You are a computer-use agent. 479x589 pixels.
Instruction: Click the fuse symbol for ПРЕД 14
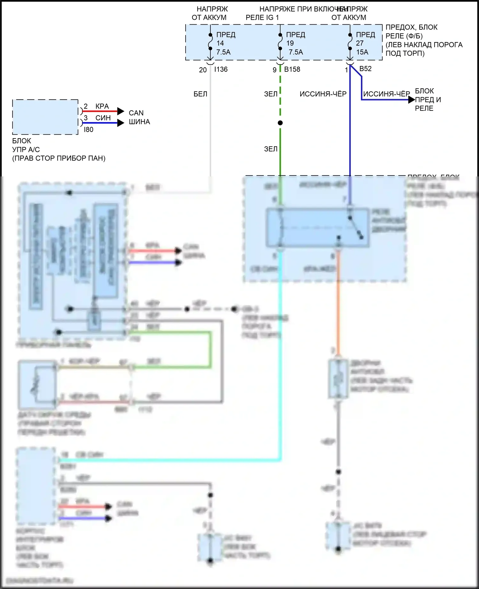pos(210,42)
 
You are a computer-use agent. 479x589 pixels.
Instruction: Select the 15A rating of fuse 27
pos(362,52)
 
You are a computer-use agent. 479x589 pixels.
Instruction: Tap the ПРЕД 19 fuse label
pos(295,39)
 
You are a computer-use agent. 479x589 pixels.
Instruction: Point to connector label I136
pos(221,69)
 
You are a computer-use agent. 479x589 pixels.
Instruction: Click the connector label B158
pos(292,69)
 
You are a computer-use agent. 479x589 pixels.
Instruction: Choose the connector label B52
pos(365,69)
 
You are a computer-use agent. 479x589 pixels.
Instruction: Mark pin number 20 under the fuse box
pos(203,70)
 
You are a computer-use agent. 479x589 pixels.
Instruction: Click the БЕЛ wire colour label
pos(200,94)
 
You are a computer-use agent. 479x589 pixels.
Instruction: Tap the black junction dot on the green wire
pos(280,123)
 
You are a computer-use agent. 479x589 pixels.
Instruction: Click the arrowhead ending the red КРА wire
pos(121,111)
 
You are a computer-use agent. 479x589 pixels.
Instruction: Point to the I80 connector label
pos(88,130)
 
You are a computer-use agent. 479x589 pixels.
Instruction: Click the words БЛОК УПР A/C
pos(26,145)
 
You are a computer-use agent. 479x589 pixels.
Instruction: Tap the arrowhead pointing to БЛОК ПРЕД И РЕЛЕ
pos(412,100)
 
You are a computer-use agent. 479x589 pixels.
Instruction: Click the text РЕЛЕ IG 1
pos(262,18)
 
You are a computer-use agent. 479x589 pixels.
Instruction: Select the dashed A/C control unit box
pos(45,117)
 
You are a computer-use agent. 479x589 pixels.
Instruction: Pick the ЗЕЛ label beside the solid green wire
pos(270,149)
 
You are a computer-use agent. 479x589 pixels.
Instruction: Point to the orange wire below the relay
pos(338,303)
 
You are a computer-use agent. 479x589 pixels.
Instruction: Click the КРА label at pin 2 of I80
pos(102,106)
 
